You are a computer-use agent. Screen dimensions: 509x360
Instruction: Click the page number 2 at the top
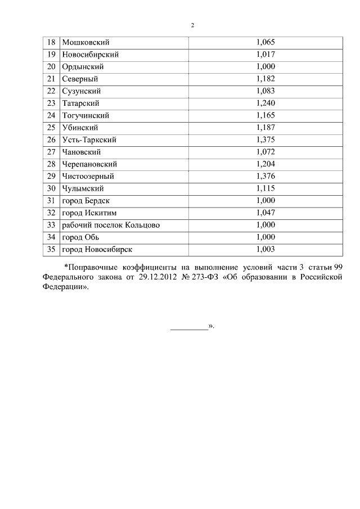pos(192,25)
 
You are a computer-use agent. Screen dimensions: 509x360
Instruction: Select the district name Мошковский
pos(85,42)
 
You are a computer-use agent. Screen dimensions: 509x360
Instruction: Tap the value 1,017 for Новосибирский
pos(265,55)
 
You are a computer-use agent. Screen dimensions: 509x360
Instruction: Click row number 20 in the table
pos(51,67)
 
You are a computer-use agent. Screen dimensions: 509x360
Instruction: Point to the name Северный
pos(80,79)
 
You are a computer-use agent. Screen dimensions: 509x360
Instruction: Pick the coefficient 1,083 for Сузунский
pos(265,91)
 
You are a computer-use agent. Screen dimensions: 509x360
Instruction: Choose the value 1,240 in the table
pos(265,103)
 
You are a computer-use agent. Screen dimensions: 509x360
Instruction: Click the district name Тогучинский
pos(85,115)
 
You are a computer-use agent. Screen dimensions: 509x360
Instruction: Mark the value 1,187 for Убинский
pos(265,128)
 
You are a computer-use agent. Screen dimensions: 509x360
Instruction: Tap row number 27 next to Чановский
pos(51,152)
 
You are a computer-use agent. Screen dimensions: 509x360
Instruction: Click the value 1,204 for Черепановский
pos(265,164)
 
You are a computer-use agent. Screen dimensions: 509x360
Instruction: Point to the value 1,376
pos(265,176)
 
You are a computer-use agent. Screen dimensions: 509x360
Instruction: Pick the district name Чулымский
pos(83,188)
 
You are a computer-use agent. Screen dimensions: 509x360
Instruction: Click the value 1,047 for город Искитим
pos(265,213)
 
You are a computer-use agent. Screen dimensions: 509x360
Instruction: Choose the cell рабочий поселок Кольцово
pos(111,225)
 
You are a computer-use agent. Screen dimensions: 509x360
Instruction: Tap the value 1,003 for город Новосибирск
pos(265,249)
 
